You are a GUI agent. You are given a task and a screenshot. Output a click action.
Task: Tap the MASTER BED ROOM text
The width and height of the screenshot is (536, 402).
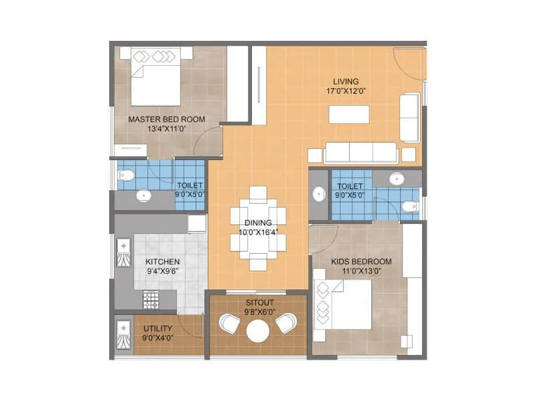[x=166, y=119]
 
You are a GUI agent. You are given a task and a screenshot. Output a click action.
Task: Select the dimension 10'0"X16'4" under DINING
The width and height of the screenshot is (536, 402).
[x=257, y=232]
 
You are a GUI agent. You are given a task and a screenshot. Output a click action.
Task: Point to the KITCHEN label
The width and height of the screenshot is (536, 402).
[x=161, y=262]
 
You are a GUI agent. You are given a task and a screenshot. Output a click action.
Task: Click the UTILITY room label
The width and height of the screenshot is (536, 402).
[x=157, y=328]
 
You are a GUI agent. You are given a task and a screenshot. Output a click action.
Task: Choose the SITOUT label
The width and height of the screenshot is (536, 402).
[x=257, y=301]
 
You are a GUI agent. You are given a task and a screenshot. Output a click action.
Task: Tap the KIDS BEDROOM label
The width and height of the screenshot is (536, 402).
[x=361, y=261]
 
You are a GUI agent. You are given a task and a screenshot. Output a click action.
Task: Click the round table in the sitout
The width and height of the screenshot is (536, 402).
[x=257, y=330]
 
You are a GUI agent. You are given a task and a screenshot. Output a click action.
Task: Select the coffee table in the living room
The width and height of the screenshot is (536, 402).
[x=349, y=115]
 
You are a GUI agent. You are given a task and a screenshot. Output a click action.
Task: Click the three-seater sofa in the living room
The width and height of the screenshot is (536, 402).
[x=360, y=153]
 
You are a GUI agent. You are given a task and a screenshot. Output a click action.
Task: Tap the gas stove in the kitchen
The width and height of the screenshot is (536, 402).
[x=150, y=300]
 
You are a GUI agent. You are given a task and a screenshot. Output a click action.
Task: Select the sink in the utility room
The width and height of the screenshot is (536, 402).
[x=123, y=333]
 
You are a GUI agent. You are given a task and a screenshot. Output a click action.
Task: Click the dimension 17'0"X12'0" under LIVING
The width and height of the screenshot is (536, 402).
[x=346, y=91]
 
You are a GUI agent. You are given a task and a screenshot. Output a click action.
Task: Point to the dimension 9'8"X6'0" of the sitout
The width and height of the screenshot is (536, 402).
[x=257, y=312]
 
